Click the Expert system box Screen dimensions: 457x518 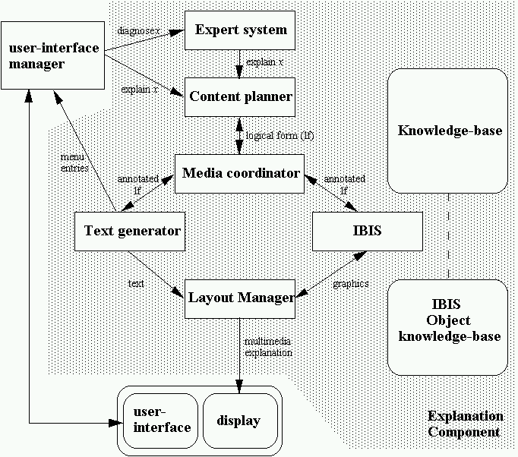coord(240,30)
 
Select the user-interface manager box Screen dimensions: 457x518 coord(53,55)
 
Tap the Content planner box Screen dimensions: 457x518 coord(240,96)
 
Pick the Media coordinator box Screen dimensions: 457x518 coord(240,173)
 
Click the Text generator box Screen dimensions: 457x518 coord(131,230)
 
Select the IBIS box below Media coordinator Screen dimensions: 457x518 coord(367,230)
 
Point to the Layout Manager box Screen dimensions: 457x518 coord(240,298)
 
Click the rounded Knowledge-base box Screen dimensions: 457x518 coord(448,131)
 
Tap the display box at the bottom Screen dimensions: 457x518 coord(238,421)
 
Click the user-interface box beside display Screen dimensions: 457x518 coord(161,421)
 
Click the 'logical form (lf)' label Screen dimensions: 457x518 coord(279,135)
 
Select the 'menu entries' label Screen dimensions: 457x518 coord(74,162)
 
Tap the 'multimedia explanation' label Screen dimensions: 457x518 coord(268,348)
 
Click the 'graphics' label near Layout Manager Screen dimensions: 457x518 coord(351,283)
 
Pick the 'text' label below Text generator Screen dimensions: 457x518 coord(136,282)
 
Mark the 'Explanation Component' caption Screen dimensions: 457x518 coord(465,424)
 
